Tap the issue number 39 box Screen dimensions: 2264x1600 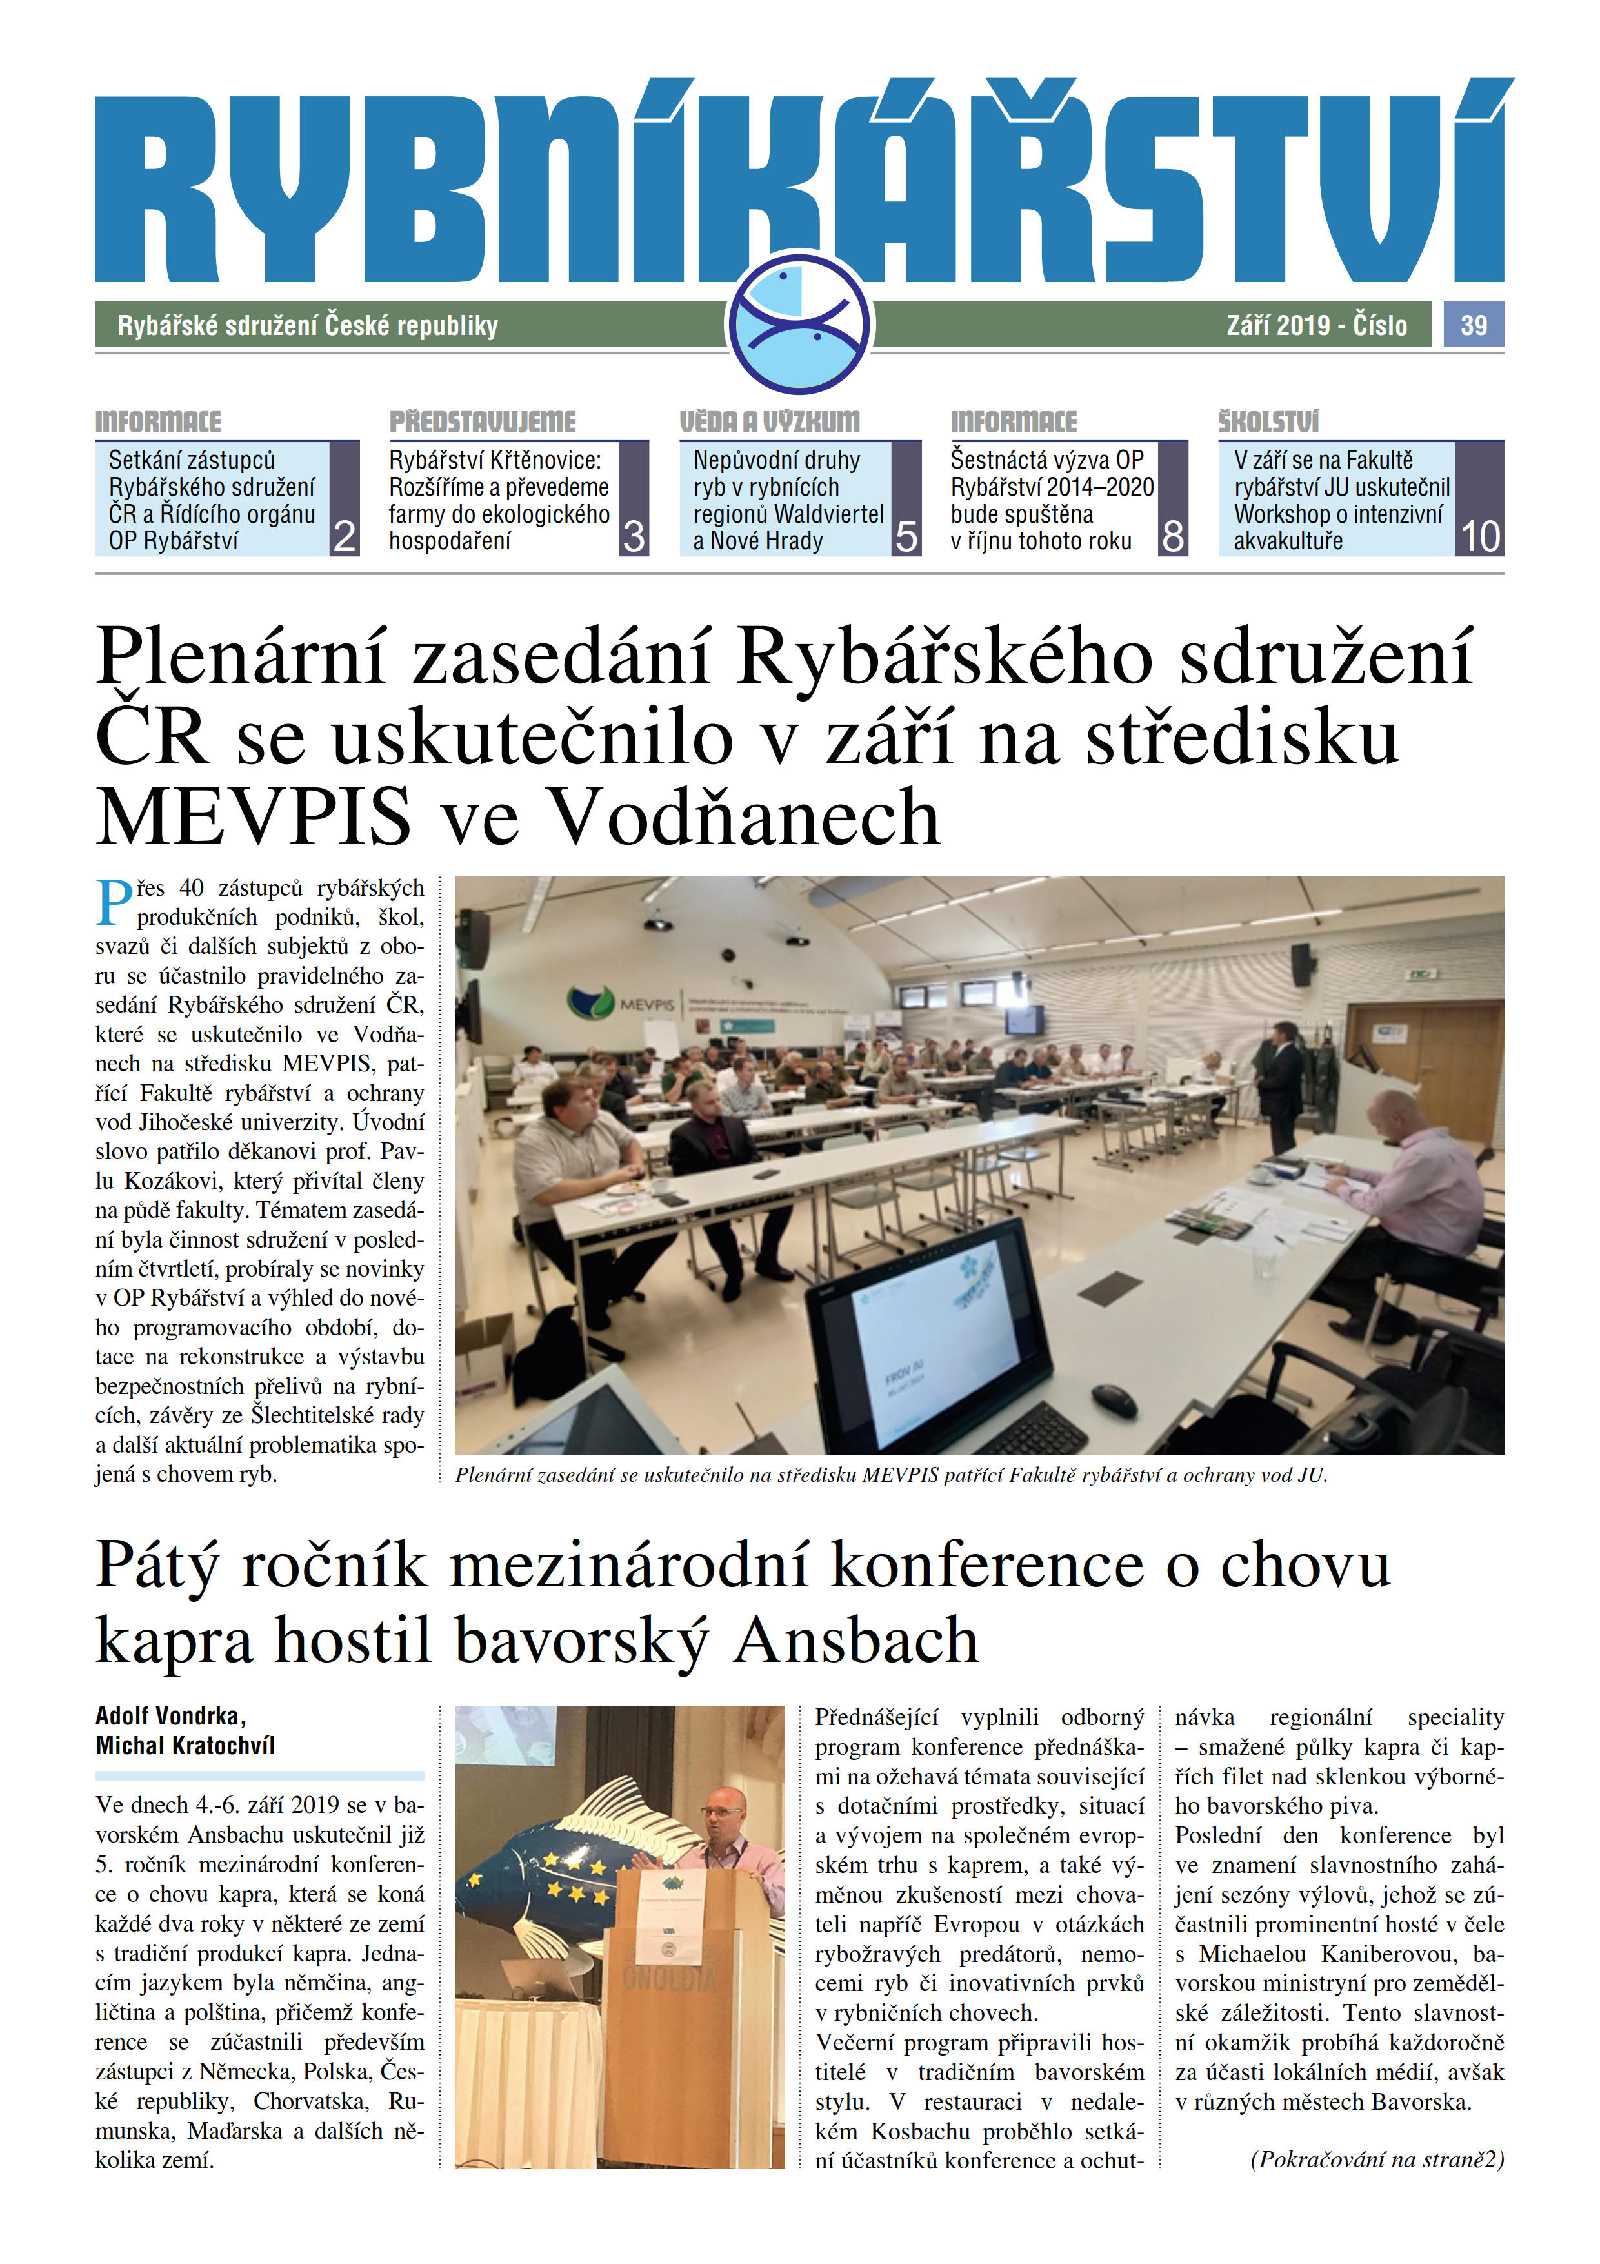click(x=1473, y=325)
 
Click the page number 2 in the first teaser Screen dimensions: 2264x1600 click(x=344, y=536)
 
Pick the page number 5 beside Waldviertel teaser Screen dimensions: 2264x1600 click(x=906, y=536)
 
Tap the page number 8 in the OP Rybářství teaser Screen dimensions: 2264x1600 click(x=1172, y=536)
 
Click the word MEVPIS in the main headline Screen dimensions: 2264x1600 click(x=254, y=816)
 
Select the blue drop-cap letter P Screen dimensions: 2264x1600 click(x=114, y=902)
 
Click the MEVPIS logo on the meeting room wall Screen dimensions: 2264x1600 click(x=622, y=1004)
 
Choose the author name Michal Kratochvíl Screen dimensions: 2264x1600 click(x=185, y=1745)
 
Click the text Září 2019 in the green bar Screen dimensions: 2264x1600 click(x=1277, y=325)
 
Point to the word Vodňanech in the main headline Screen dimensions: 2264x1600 click(x=743, y=816)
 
